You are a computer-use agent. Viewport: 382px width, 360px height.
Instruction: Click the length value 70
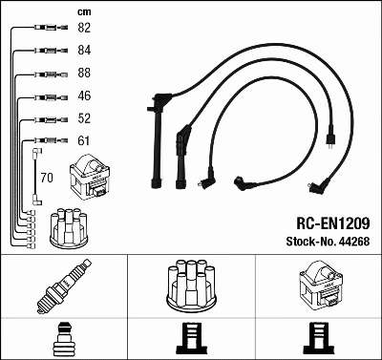(x=48, y=177)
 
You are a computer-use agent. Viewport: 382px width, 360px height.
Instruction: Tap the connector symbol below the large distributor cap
(x=192, y=338)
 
